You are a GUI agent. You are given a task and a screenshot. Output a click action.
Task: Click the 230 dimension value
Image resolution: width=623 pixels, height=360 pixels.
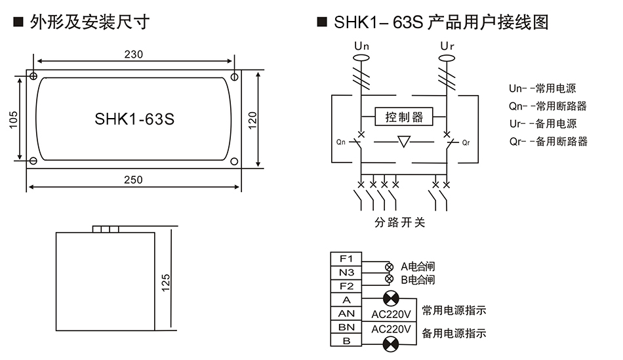134,54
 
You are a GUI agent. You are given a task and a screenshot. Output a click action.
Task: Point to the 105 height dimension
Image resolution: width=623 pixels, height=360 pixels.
14,119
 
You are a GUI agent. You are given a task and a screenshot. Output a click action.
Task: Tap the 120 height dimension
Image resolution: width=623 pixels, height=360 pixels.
252,119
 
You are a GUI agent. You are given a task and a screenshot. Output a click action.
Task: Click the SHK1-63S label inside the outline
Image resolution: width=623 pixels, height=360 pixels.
134,119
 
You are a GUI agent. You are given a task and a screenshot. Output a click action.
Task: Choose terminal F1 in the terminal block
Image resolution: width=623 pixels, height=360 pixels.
346,258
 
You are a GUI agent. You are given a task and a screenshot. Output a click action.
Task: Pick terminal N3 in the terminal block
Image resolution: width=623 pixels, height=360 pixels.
346,272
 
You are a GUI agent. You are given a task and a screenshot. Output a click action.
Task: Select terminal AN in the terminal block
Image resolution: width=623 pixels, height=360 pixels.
346,313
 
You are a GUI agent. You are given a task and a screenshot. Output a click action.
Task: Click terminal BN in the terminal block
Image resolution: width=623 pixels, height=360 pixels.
346,327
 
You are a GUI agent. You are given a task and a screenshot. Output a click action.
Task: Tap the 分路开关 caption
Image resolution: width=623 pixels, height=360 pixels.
400,223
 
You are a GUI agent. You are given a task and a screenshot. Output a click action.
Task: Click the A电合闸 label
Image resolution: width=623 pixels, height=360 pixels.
418,267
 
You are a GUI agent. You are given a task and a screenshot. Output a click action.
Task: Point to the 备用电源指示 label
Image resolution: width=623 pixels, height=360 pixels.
454,333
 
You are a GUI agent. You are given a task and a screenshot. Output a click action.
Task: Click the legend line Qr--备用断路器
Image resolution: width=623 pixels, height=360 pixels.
548,141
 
